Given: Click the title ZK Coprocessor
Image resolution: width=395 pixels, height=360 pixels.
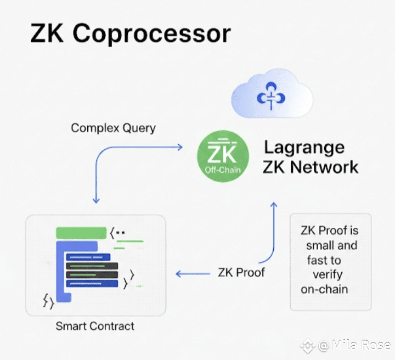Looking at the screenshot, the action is [131, 33].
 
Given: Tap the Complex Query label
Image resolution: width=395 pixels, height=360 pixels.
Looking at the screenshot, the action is [114, 128].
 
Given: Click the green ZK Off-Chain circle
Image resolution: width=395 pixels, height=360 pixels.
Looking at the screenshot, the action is [223, 156].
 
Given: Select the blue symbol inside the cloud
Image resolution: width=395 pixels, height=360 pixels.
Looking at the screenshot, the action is [271, 96].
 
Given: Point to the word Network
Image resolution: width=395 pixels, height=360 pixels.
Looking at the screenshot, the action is [324, 167].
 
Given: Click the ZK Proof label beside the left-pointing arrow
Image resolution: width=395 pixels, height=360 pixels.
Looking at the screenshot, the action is [241, 272].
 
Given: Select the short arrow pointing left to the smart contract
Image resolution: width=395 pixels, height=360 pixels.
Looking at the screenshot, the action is [193, 274].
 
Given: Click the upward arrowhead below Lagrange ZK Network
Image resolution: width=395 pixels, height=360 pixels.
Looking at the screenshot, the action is [274, 205].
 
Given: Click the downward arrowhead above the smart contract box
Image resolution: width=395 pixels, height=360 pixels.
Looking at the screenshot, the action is [96, 200].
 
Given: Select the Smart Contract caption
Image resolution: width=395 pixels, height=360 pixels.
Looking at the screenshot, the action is [95, 326].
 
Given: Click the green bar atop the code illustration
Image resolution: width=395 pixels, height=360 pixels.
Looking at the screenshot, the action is [81, 233].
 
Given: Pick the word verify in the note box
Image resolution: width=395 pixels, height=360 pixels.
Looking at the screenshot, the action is [328, 275].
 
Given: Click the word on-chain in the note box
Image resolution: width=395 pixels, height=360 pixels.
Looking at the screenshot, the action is [324, 289].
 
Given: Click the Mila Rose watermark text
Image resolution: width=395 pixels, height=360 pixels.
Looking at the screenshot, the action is [354, 345].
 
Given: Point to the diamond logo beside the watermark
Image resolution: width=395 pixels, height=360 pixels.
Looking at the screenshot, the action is [308, 346].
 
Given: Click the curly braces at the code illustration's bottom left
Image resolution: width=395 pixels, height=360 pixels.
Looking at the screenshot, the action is [48, 301].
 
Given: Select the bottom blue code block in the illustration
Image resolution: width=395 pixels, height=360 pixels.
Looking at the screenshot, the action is [92, 283].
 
